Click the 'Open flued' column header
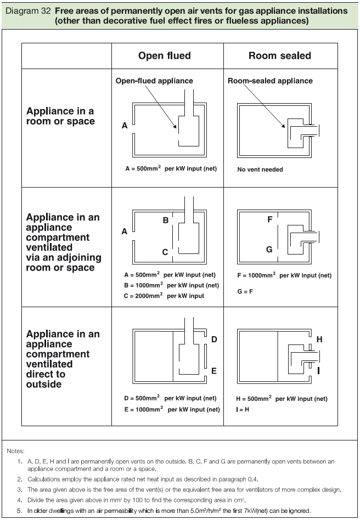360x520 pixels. (164, 55)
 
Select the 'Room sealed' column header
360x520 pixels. (279, 55)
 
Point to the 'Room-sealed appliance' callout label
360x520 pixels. (270, 81)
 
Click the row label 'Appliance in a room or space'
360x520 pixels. (60, 116)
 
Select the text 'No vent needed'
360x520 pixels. (260, 169)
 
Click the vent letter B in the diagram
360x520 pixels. (165, 221)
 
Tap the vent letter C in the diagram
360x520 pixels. (165, 252)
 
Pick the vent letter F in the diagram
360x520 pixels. (269, 219)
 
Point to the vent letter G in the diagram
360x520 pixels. (269, 249)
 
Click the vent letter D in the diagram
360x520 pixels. (215, 340)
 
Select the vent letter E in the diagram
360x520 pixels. (215, 371)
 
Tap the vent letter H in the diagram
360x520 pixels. (319, 340)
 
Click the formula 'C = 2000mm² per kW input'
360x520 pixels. (172, 296)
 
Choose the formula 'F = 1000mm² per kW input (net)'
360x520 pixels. (284, 275)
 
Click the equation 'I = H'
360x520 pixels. (244, 409)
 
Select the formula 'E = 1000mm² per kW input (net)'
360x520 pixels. (172, 409)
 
